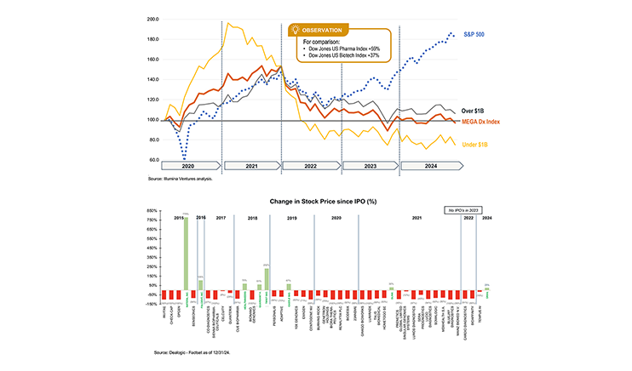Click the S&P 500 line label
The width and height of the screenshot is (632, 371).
[x=475, y=35]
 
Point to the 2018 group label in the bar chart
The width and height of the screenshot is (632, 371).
[x=251, y=218]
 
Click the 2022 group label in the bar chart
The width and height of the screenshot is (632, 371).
[x=468, y=218]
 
